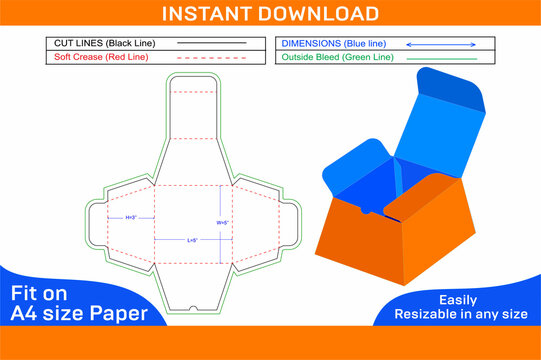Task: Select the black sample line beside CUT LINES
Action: (x=211, y=44)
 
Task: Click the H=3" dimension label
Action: (x=132, y=217)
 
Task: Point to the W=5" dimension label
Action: (x=224, y=222)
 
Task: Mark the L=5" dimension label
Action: (x=192, y=240)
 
